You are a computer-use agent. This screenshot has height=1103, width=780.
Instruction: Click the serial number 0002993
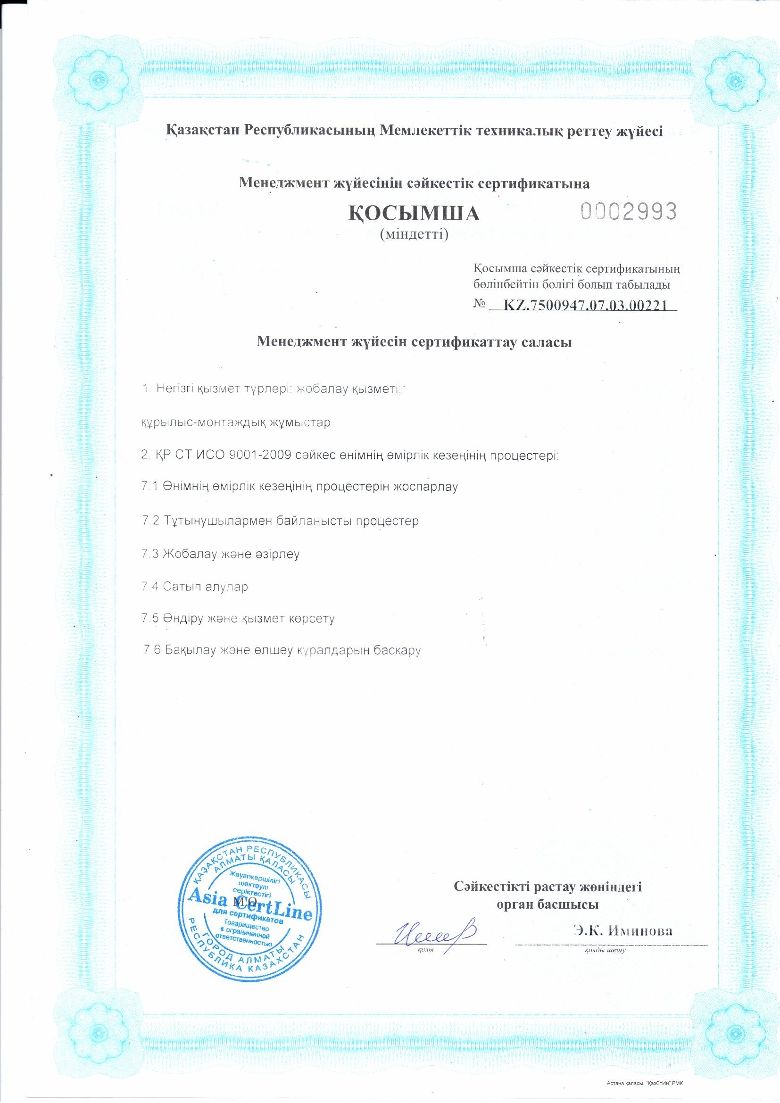(x=629, y=211)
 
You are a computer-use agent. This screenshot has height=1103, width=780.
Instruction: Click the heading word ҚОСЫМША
(x=414, y=214)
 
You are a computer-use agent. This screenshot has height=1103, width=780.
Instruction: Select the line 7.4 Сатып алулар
(x=195, y=587)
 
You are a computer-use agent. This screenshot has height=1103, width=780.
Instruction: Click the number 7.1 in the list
(x=150, y=487)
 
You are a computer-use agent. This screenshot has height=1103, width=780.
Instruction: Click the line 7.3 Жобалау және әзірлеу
(x=221, y=554)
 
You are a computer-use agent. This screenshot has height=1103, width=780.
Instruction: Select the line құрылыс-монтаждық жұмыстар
(x=235, y=423)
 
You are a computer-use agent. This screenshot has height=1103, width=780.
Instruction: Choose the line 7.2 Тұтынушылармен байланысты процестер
(x=281, y=521)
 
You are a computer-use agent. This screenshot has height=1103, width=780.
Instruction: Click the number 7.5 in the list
(x=150, y=618)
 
